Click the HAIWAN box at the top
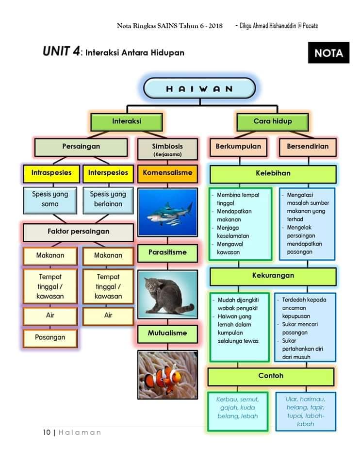pos(199,88)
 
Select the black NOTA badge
pos(328,52)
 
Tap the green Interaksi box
pos(127,121)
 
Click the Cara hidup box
pos(273,121)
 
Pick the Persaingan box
pos(81,147)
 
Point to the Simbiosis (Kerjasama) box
pos(167,149)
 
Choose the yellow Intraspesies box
pos(51,174)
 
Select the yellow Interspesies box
pos(108,174)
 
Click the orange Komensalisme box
pos(167,174)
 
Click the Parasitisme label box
pos(167,253)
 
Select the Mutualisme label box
pos(167,334)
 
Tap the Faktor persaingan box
pos(79,232)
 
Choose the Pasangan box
pos(50,338)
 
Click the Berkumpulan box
pos(238,147)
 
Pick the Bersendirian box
pos(308,147)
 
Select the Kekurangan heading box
pos(273,276)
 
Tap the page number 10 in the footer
pos(47,433)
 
